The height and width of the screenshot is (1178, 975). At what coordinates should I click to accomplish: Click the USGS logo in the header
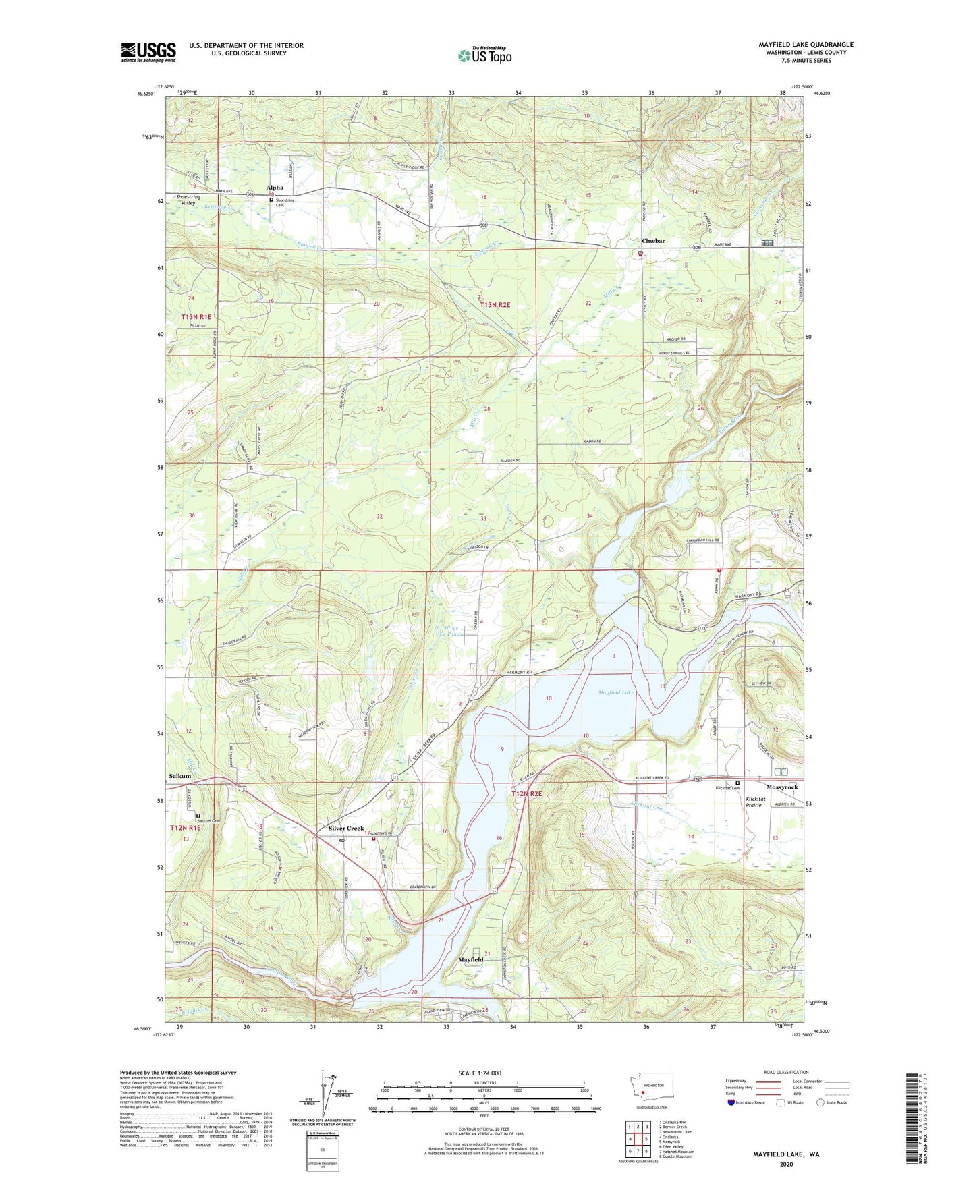[x=148, y=52]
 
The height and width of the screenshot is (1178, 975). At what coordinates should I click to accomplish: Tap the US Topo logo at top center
[x=485, y=55]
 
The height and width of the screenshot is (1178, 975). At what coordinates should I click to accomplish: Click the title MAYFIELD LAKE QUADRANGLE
[x=806, y=45]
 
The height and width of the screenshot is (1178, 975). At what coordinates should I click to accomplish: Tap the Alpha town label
[x=275, y=188]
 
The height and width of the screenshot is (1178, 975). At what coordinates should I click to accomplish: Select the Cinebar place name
[x=652, y=241]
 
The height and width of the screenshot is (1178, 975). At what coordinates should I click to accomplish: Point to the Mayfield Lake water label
[x=616, y=693]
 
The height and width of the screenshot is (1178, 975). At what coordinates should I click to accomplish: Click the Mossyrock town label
[x=782, y=787]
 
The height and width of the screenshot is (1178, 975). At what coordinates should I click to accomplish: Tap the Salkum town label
[x=180, y=776]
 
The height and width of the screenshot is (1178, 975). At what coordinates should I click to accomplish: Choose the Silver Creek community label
[x=346, y=829]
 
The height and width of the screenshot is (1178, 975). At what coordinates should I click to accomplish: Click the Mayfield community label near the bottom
[x=471, y=959]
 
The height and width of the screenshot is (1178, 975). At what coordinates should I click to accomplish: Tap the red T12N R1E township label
[x=185, y=828]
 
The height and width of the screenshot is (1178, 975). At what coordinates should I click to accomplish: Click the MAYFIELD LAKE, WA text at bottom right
[x=786, y=1154]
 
